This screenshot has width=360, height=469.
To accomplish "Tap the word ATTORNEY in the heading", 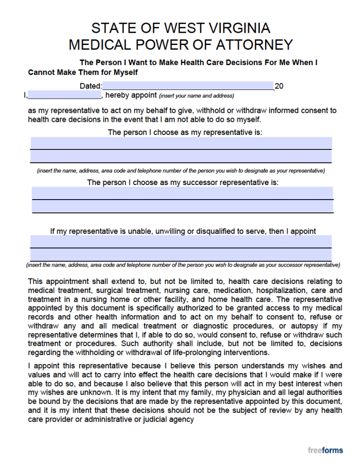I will pyautogui.click(x=256, y=45).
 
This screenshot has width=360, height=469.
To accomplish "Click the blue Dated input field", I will pyautogui.click(x=187, y=86).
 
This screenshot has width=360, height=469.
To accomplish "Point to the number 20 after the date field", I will pyautogui.click(x=279, y=86).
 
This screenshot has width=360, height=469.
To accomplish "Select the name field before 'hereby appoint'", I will pyautogui.click(x=64, y=95).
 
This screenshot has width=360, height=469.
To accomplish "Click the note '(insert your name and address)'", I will pyautogui.click(x=196, y=96).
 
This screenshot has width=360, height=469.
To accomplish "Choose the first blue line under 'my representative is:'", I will pyautogui.click(x=181, y=143).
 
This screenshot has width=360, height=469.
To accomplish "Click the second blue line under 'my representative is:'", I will pyautogui.click(x=181, y=156).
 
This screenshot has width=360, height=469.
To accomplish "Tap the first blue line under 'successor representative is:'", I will pyautogui.click(x=182, y=193).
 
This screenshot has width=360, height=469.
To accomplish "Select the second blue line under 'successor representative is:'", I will pyautogui.click(x=182, y=206).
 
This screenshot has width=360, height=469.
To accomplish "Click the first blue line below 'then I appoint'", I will pyautogui.click(x=181, y=241).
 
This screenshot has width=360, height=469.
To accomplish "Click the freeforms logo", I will pyautogui.click(x=325, y=450).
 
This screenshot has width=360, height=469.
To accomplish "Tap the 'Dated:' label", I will pyautogui.click(x=90, y=86).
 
